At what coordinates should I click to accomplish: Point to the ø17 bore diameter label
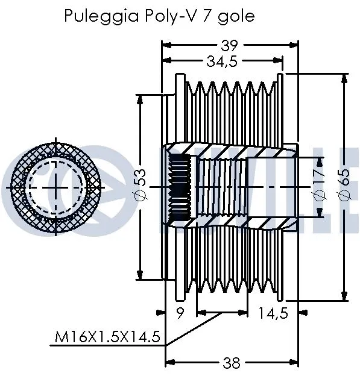point(320,187)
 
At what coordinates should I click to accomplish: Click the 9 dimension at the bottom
point(181,313)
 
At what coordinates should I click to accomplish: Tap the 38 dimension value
point(231,363)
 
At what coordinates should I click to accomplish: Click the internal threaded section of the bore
point(221,187)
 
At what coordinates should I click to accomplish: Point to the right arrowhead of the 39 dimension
point(296,45)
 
